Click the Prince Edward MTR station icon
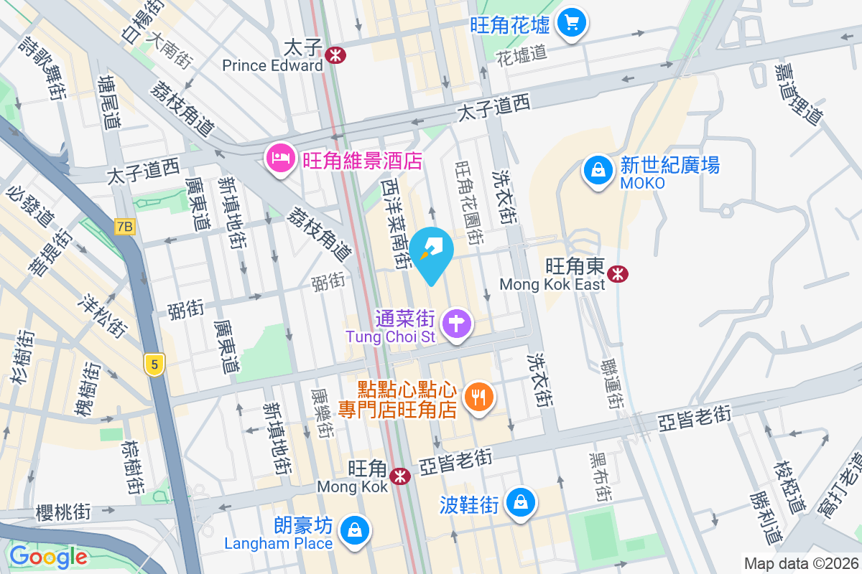click(334, 55)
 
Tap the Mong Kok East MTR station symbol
click(617, 273)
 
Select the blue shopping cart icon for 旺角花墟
click(572, 23)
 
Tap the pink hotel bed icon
click(279, 158)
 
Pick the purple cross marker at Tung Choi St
click(457, 324)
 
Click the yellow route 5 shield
click(152, 364)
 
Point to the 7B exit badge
click(124, 227)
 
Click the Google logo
click(48, 557)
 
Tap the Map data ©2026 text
click(800, 563)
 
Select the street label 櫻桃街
click(64, 512)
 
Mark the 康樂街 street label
click(322, 414)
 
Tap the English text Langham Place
click(279, 543)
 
